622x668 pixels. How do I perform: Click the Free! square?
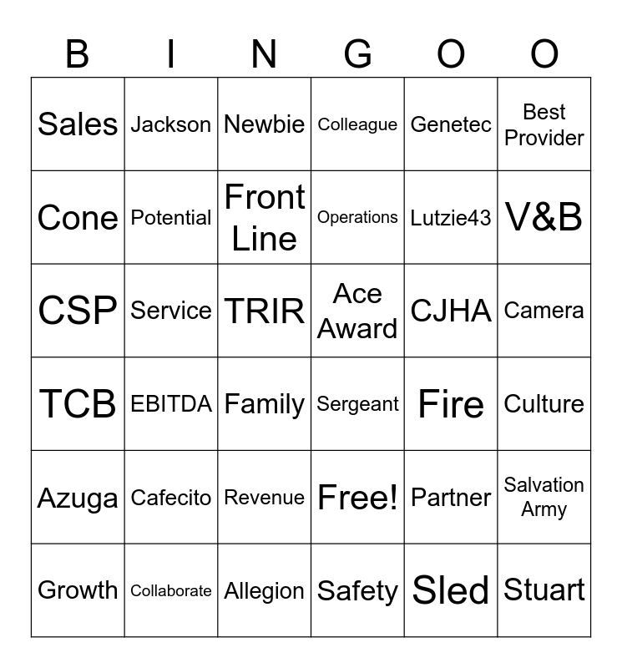pos(357,498)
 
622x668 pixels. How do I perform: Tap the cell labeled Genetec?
pos(451,124)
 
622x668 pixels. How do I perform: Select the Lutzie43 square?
pos(451,218)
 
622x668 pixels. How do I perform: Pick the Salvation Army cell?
pos(544,498)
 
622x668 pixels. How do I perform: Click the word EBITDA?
pos(171,404)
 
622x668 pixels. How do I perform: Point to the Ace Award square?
pos(357,311)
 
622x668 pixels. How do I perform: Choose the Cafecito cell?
pos(171,498)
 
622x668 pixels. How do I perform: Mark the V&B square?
pos(544,218)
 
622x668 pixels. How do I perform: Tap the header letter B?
pos(78,55)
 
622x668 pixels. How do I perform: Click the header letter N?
pos(265,55)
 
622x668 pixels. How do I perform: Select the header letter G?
pos(357,55)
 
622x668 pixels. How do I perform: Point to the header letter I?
pos(171,55)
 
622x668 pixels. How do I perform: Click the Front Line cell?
pos(265,218)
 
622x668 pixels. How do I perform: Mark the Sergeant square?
pos(357,404)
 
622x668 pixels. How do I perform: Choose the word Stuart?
pos(544,590)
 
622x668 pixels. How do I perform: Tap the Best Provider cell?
pos(544,124)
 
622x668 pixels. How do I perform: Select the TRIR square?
pos(265,311)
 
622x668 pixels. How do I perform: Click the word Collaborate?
pos(171,590)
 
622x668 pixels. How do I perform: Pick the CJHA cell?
pos(451,311)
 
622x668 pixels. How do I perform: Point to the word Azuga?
pos(78,498)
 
